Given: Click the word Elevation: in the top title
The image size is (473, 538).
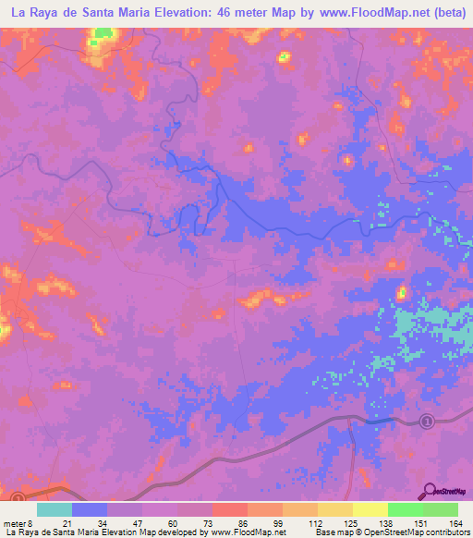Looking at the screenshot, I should tap(185, 13).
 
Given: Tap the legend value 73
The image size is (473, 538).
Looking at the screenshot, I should tap(212, 523).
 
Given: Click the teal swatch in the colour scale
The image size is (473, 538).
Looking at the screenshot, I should tap(55, 510).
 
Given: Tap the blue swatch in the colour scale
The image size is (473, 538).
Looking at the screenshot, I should tap(90, 510).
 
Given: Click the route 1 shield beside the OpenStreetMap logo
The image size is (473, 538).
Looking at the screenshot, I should tap(427, 422).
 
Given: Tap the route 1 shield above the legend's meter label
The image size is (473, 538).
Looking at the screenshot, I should tap(18, 497).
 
